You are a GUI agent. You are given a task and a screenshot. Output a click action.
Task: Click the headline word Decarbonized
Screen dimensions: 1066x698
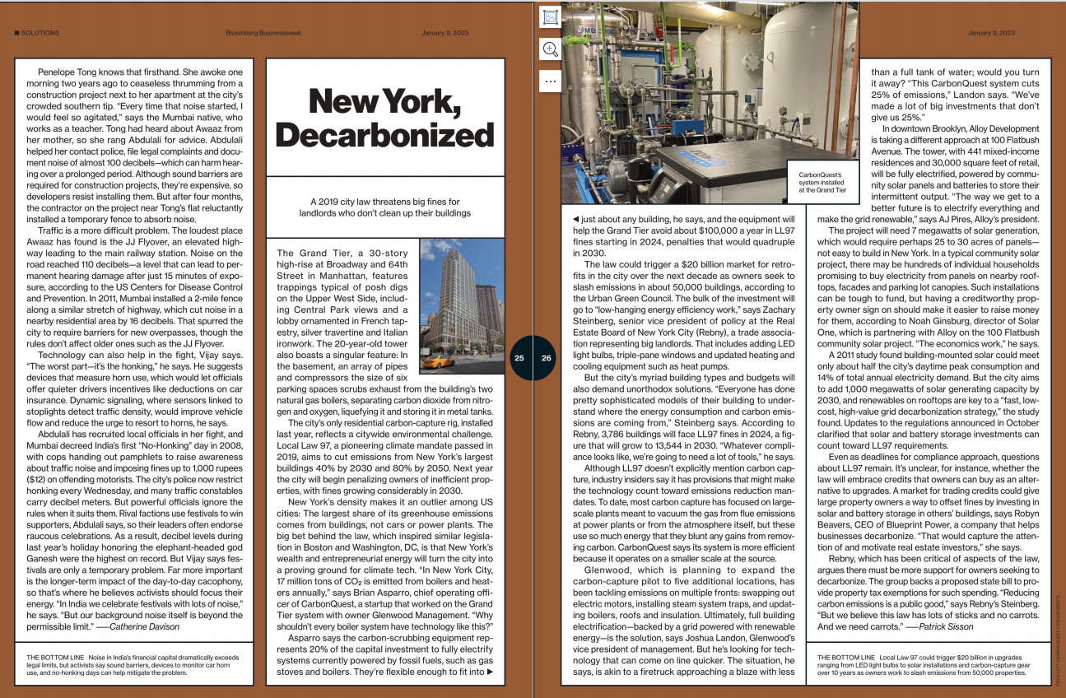pos(385,134)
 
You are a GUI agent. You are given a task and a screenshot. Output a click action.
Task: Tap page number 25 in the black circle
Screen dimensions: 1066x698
pos(519,358)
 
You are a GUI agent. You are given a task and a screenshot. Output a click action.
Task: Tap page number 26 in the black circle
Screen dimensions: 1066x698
pos(547,358)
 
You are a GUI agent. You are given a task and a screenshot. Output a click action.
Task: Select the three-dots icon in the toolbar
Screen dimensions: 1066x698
pos(550,81)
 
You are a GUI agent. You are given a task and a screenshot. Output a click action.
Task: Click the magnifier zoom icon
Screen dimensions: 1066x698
pos(550,49)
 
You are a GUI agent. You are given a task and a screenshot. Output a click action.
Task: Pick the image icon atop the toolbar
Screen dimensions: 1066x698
pos(550,17)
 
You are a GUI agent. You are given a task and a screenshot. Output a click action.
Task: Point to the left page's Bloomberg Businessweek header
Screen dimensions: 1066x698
pos(260,33)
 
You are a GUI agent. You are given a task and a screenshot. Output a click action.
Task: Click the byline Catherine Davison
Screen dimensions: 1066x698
pos(144,626)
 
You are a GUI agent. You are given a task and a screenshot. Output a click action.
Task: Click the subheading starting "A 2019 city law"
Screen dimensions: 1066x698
pos(385,207)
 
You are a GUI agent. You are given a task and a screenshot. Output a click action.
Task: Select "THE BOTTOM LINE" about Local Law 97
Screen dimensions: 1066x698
pos(846,657)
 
